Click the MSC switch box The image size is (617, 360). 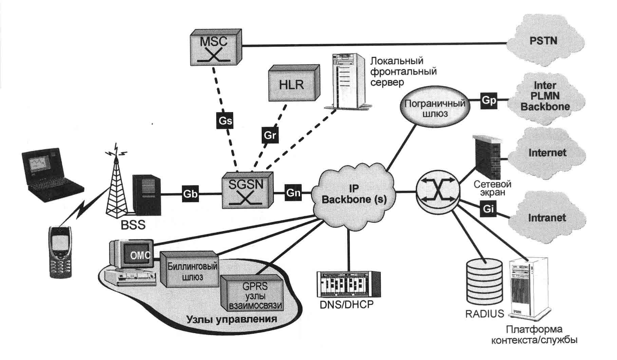pyautogui.click(x=216, y=48)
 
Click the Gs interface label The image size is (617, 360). pyautogui.click(x=225, y=120)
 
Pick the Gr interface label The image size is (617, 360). pyautogui.click(x=270, y=135)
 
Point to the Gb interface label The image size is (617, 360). pyautogui.click(x=190, y=194)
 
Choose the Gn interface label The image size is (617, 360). pyautogui.click(x=293, y=192)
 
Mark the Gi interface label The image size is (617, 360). pyautogui.click(x=488, y=209)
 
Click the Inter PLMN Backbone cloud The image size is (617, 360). pyautogui.click(x=545, y=96)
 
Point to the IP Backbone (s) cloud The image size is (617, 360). pyautogui.click(x=354, y=194)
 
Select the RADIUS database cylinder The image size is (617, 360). pyautogui.click(x=484, y=281)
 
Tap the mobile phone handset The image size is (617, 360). pyautogui.click(x=60, y=251)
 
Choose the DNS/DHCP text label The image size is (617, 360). pyautogui.click(x=347, y=304)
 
